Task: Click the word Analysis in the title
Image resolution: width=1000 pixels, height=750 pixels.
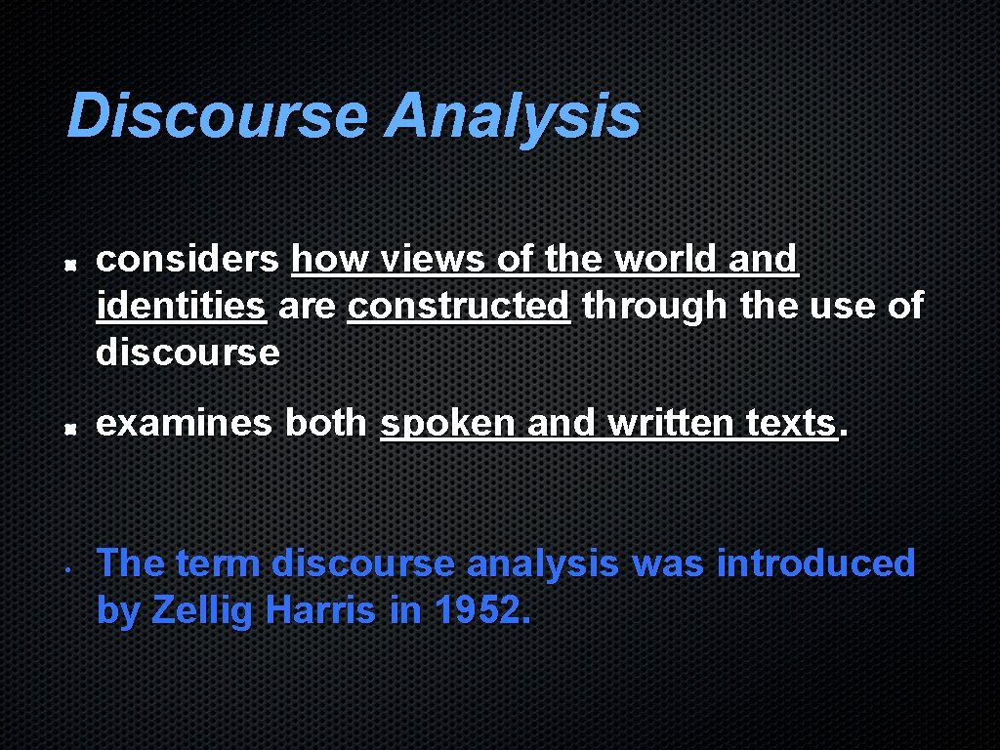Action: coord(513,116)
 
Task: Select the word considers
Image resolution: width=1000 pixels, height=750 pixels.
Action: coord(187,259)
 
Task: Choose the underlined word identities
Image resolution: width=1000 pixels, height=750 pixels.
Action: coord(181,306)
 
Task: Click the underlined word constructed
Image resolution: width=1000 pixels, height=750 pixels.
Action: coord(458,306)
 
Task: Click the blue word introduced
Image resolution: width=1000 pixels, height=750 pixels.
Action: coord(815,563)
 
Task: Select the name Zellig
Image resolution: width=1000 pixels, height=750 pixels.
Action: coord(203,610)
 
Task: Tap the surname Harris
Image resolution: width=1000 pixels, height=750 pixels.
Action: coord(320,610)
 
